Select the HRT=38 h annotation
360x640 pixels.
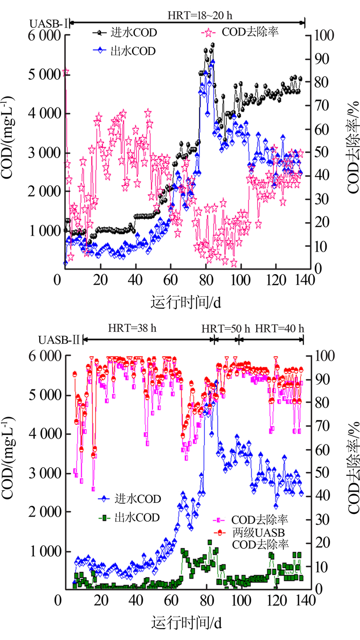tap(132, 328)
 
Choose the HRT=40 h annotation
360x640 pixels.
tap(279, 328)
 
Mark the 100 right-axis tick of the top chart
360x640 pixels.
tap(327, 35)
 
